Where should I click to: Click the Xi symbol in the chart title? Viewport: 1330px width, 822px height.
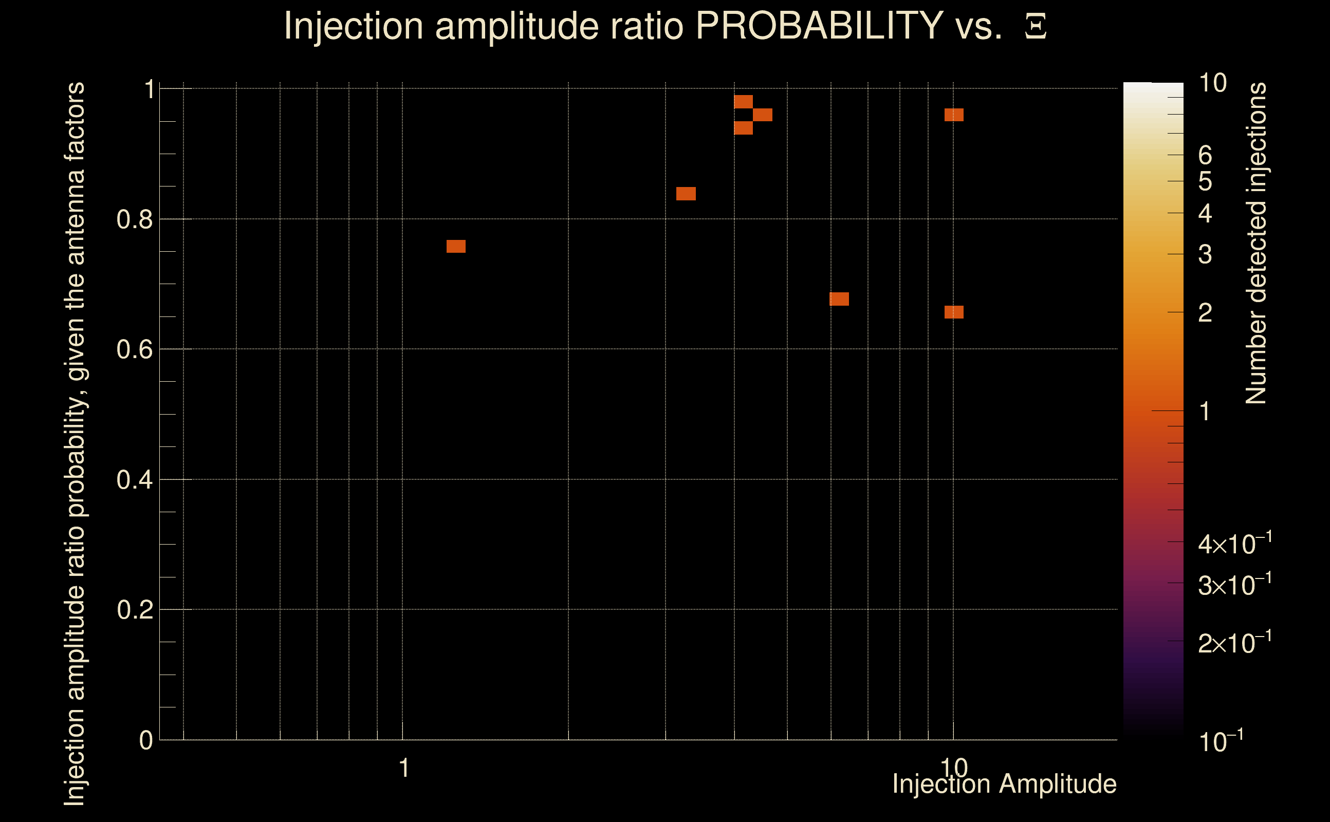coord(1036,27)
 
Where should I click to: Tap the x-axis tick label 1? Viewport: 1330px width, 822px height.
coord(403,768)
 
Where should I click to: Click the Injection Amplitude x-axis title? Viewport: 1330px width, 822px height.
coord(1004,784)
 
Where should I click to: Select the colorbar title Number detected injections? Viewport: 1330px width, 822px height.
coord(1256,243)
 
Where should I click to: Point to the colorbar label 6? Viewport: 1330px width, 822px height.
coord(1205,156)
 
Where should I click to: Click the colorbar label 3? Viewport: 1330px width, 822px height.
coord(1205,254)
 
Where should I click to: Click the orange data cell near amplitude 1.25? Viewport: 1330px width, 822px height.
coord(456,246)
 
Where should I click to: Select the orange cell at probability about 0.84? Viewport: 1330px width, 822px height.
coord(686,194)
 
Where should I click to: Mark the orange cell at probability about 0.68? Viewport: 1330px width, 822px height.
coord(839,299)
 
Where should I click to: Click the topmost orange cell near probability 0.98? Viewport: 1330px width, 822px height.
coord(743,102)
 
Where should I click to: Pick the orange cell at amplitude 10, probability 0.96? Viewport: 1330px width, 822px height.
coord(954,115)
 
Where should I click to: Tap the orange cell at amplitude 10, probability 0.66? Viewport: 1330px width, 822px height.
coord(954,312)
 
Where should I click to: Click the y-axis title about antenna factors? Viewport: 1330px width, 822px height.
coord(75,443)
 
